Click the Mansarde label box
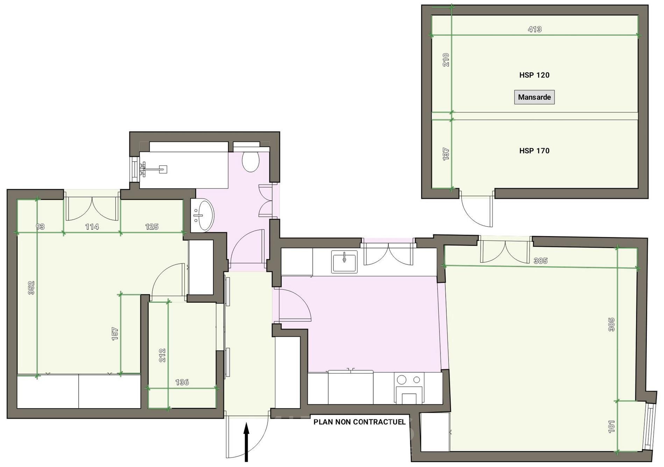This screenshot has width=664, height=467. point(534,97)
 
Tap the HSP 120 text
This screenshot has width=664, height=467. point(534,75)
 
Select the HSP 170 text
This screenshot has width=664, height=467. point(534,151)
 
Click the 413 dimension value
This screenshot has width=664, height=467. point(535,29)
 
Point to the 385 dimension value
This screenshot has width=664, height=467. point(541,261)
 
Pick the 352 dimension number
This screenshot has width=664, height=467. point(31,288)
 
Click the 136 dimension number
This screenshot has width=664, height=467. point(182,382)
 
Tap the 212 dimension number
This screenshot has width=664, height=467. point(162,355)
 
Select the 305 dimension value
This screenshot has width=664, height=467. point(611,324)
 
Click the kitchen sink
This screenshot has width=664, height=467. point(344,261)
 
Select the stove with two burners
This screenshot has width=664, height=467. point(409,387)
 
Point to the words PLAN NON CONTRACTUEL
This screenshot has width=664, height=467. point(359,422)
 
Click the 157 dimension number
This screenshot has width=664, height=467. point(115,334)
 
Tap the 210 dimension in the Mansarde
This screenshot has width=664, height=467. point(446,60)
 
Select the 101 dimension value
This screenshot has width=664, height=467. point(611,426)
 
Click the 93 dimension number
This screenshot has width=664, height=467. point(40,227)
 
